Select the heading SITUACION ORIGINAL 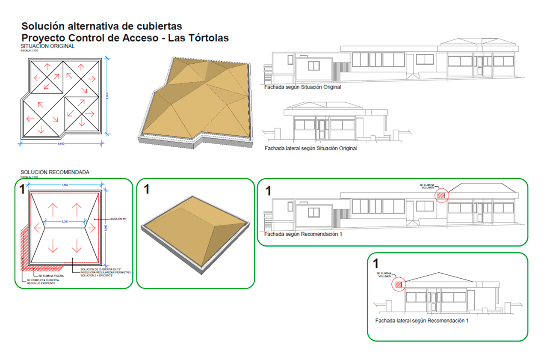click(x=47, y=46)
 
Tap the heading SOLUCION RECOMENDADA click(x=55, y=172)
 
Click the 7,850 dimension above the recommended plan click(x=65, y=185)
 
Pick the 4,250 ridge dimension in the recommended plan click(x=65, y=221)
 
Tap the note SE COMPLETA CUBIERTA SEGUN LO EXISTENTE click(x=40, y=282)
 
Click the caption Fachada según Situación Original click(x=302, y=87)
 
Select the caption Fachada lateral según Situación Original click(x=310, y=149)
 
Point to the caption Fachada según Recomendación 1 click(x=303, y=234)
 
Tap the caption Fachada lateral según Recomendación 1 click(x=422, y=321)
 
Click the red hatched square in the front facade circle click(x=441, y=196)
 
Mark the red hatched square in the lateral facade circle click(x=399, y=284)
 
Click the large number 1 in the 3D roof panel click(x=146, y=189)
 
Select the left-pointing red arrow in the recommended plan click(x=38, y=227)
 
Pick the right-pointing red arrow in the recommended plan click(x=92, y=227)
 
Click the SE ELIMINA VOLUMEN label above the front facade click(x=428, y=186)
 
